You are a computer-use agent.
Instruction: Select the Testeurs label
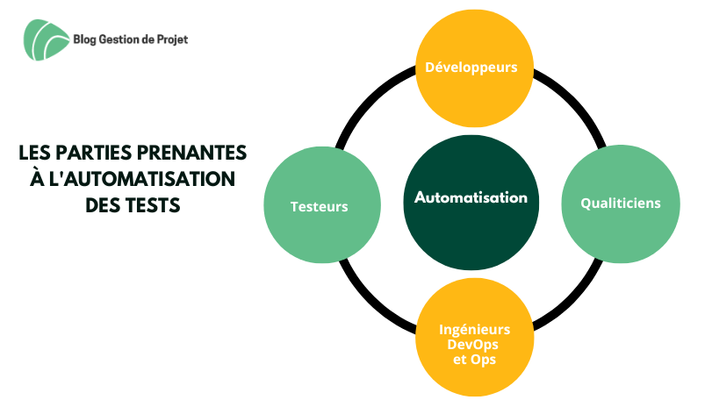[x=319, y=207]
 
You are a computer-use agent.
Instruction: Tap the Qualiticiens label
[x=620, y=203]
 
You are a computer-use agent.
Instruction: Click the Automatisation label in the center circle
[x=471, y=197]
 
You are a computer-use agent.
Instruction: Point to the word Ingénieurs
[x=474, y=329]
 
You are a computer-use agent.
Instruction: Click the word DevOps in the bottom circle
[x=474, y=345]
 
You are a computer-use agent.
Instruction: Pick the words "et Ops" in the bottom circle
[x=474, y=360]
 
